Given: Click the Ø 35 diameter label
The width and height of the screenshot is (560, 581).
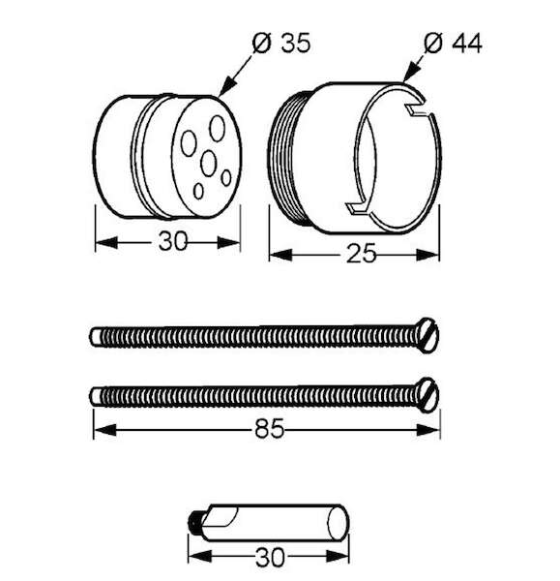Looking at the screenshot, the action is point(280,44).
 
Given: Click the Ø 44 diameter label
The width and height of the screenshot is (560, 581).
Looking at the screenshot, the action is point(453,44).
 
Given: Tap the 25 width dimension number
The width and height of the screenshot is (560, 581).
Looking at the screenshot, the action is point(361,254).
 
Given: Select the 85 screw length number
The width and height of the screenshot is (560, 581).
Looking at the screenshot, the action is point(269,428).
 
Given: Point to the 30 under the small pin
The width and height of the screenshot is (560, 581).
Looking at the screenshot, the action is point(270,557).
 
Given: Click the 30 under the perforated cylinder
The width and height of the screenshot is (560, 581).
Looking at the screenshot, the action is point(173,241).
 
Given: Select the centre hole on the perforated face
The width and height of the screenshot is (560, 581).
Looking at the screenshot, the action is point(208,163).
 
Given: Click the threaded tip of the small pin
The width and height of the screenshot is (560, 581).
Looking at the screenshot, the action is point(192,523).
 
